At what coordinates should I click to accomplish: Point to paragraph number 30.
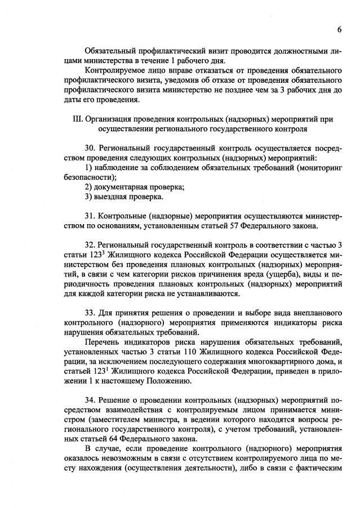click(91, 148)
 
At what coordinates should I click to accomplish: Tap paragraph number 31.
click(91, 216)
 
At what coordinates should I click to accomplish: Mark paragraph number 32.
click(91, 245)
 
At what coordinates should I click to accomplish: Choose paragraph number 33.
click(91, 313)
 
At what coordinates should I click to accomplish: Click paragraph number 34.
click(91, 400)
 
